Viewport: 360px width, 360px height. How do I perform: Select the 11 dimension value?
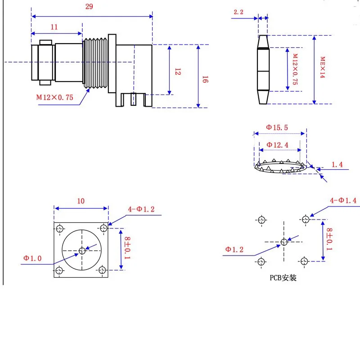54,27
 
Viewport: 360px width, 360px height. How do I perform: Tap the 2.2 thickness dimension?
238,12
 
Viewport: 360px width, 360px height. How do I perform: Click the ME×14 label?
322,67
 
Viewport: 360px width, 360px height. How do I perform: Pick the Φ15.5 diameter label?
278,127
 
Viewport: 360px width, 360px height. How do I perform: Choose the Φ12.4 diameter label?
278,144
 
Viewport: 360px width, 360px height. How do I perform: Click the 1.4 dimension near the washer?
337,165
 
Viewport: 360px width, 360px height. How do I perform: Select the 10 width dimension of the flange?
81,201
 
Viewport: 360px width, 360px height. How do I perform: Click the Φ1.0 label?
32,258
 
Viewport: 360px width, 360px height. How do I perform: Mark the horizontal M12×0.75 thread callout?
54,97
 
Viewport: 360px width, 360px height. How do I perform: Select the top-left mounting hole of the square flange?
59,228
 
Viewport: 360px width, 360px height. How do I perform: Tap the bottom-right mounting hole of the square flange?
103,270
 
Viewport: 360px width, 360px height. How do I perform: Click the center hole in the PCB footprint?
284,242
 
